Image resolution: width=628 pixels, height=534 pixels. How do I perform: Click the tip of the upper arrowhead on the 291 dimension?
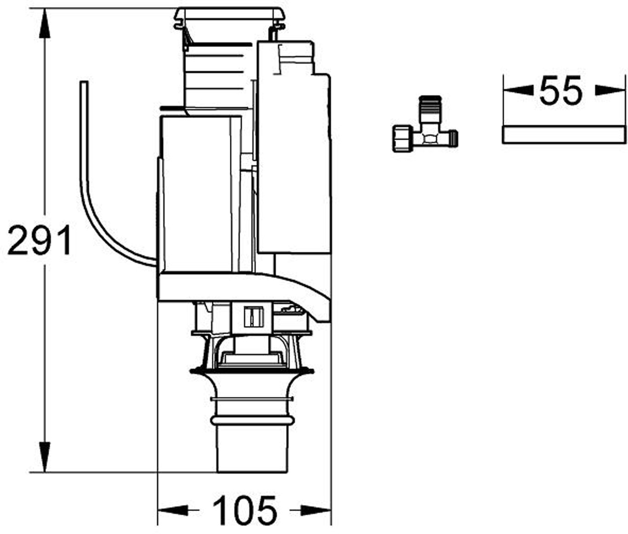(x=45, y=9)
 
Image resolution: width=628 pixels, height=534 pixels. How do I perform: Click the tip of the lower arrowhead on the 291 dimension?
(x=45, y=472)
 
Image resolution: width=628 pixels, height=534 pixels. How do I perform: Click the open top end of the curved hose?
(x=84, y=81)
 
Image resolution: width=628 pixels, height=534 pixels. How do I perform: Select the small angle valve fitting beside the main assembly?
(x=425, y=124)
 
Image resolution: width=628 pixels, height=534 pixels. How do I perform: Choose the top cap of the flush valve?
(x=230, y=15)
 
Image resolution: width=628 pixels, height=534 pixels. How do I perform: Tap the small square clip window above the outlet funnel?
(x=254, y=317)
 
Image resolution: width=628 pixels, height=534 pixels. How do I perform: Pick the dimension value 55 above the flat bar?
(x=561, y=90)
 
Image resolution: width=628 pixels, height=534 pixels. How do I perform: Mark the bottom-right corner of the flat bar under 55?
(x=627, y=143)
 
